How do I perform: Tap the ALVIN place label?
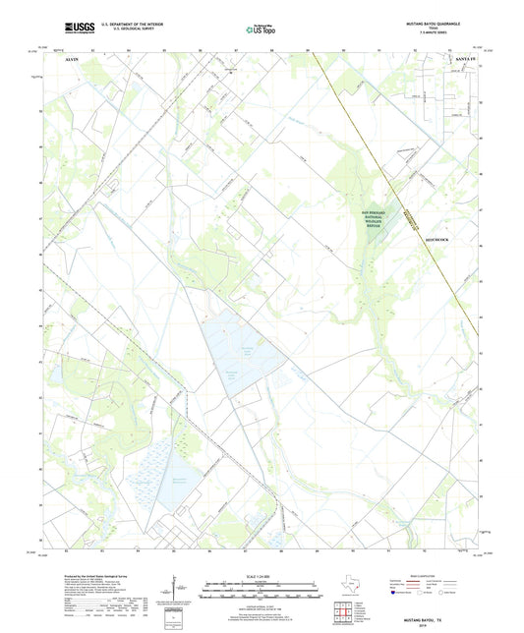coord(69,60)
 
